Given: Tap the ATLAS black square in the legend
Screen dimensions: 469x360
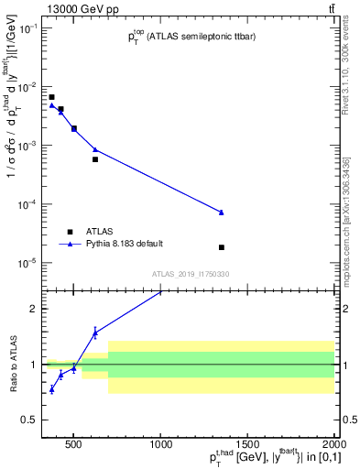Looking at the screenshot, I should (x=69, y=232).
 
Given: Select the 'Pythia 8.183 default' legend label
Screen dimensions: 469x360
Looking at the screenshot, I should (x=125, y=244).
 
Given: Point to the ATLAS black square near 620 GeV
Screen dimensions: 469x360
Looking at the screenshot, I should (x=95, y=159).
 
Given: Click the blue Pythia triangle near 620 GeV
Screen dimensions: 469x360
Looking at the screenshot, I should (x=95, y=149).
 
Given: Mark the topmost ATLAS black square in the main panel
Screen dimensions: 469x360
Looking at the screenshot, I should (x=52, y=97).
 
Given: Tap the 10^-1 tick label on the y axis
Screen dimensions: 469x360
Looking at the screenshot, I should (x=27, y=28).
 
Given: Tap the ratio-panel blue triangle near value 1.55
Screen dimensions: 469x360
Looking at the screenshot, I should (x=95, y=333).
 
